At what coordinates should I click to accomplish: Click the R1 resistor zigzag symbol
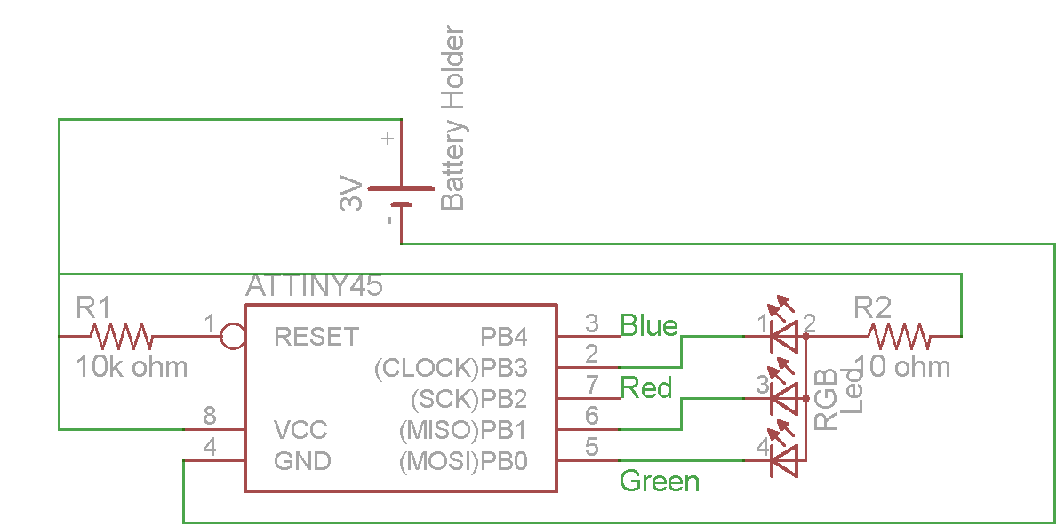(121, 337)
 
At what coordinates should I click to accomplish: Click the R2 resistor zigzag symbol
(900, 337)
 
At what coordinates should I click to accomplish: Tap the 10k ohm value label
(132, 366)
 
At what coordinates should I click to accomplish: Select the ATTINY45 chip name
(314, 286)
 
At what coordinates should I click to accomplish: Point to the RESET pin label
(316, 337)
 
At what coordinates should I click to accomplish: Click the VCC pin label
(300, 430)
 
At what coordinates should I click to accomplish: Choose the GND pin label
(302, 461)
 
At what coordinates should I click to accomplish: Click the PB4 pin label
(504, 337)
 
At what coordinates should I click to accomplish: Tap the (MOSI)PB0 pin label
(463, 461)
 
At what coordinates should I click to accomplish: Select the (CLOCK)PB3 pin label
(452, 368)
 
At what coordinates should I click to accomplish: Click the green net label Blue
(649, 325)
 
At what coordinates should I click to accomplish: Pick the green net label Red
(646, 387)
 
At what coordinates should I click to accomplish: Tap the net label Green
(660, 482)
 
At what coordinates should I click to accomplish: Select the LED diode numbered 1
(783, 336)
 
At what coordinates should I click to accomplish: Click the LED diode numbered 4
(783, 460)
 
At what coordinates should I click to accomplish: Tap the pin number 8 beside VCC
(210, 415)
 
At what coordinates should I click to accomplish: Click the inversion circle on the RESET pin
(233, 337)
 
